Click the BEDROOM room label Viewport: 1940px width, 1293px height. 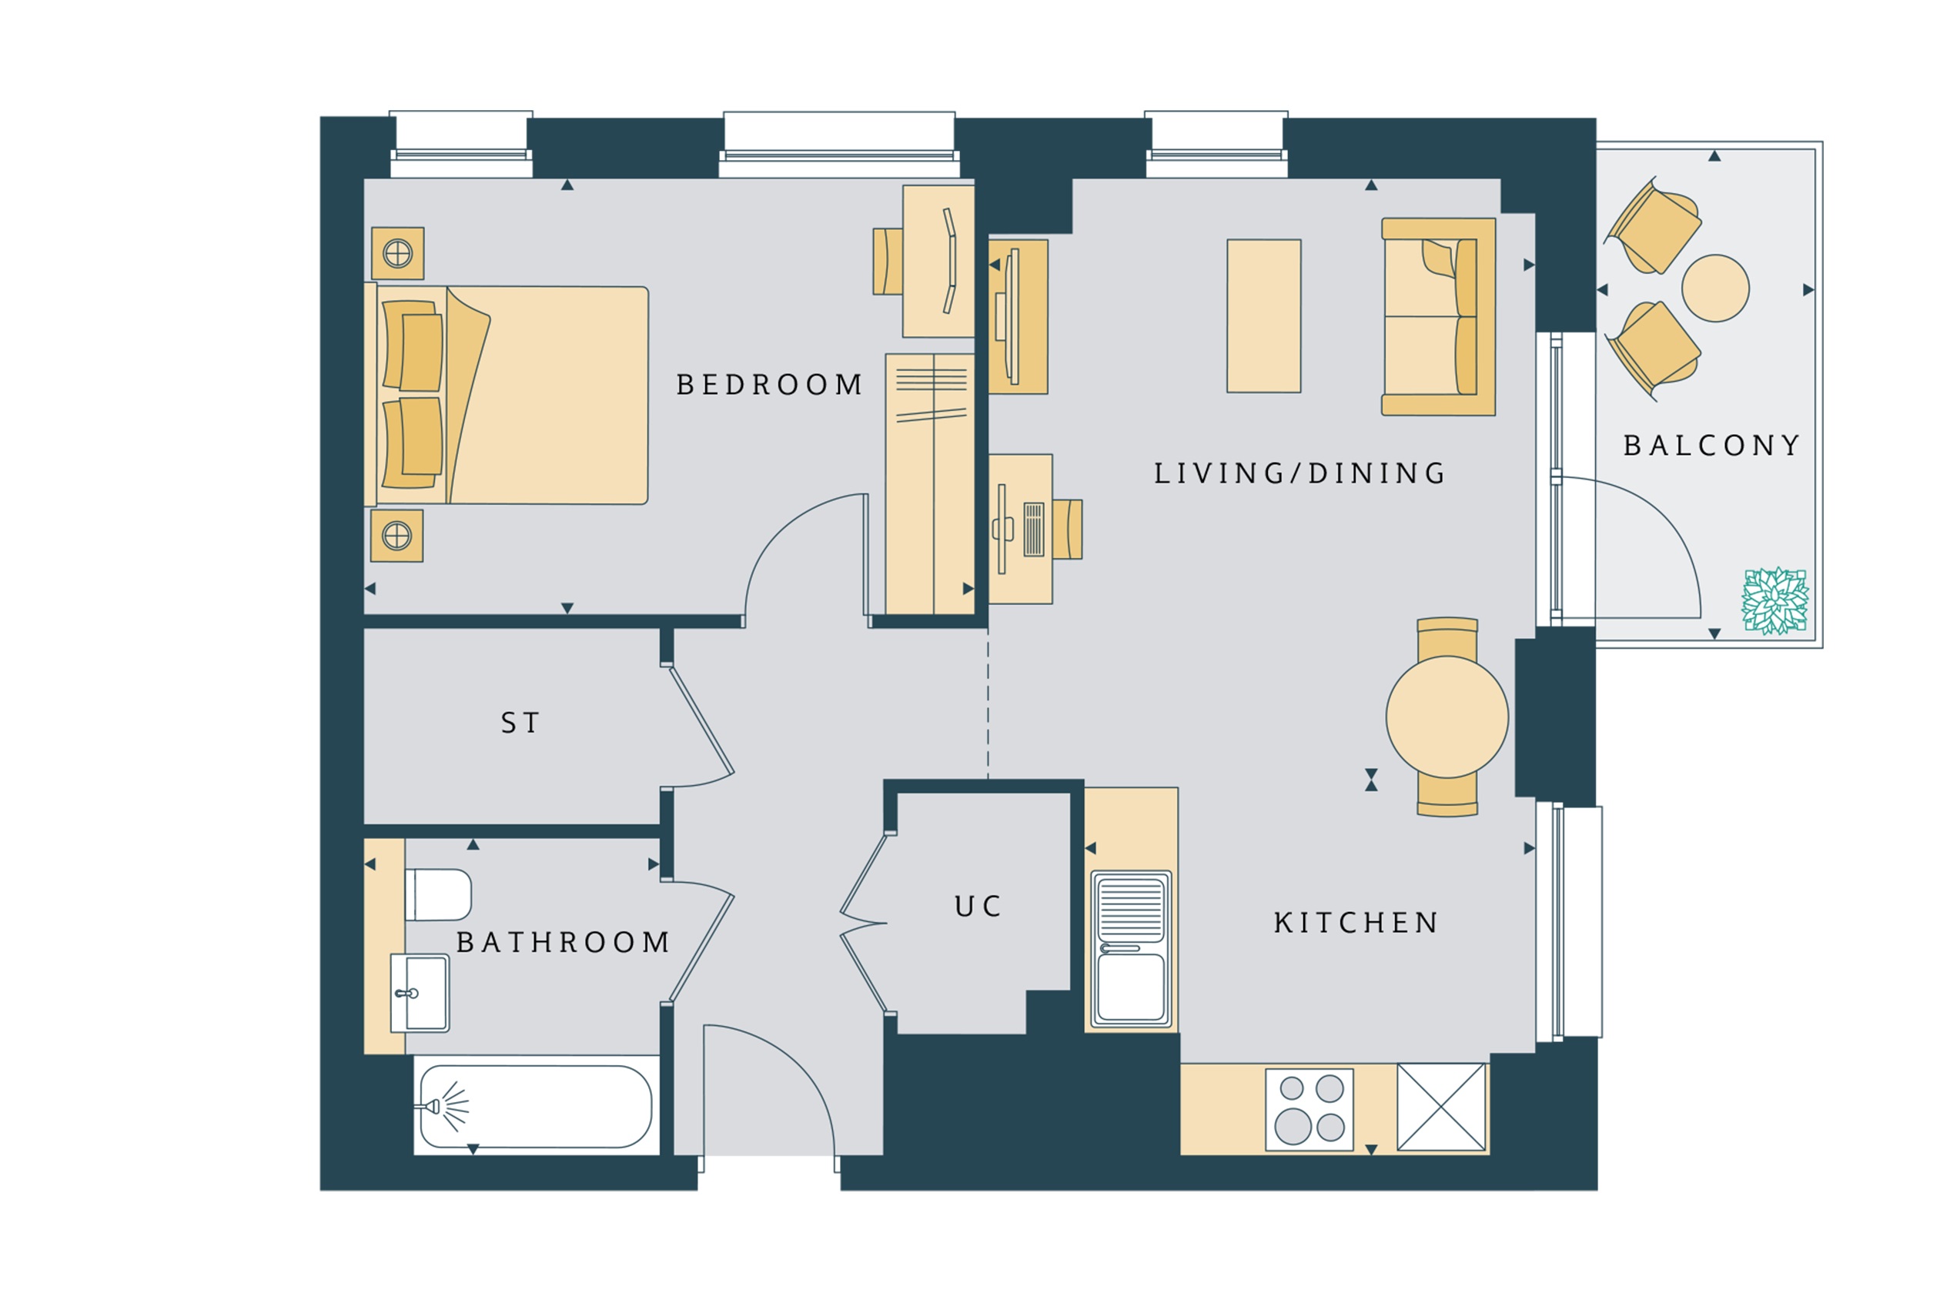(x=769, y=385)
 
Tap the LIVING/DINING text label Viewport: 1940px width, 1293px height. (x=1299, y=474)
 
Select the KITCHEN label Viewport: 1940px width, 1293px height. (x=1356, y=923)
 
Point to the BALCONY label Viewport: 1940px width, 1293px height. (x=1711, y=446)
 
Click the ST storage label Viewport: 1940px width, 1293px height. (x=520, y=723)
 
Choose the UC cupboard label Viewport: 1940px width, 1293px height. (x=978, y=907)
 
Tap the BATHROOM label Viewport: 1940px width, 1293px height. (x=564, y=943)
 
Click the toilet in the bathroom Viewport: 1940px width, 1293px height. (x=439, y=894)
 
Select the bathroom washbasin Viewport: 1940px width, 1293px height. (x=420, y=993)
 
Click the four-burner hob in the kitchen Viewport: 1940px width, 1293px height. (x=1309, y=1109)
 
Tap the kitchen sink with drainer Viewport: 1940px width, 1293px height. (x=1131, y=949)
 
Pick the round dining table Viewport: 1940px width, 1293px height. (x=1447, y=717)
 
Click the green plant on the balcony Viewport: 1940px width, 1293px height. (x=1775, y=601)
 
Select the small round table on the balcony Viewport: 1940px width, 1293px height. (x=1715, y=288)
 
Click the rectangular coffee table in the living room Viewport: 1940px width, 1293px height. (x=1263, y=316)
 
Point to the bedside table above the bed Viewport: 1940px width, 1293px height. (x=397, y=253)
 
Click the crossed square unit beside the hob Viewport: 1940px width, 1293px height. (x=1441, y=1107)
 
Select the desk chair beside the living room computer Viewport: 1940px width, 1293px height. (x=1067, y=530)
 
